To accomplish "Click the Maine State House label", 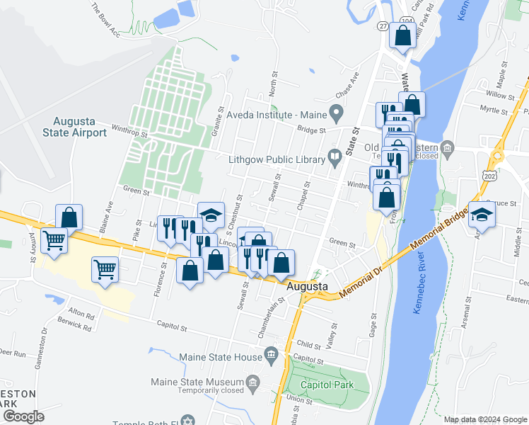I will tap(221, 357).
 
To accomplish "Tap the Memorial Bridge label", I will tap(438, 232).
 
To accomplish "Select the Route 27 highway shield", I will tap(383, 26).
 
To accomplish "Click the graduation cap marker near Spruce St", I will tap(482, 214).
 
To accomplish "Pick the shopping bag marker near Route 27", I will tap(402, 36).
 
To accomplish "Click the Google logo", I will tap(23, 416).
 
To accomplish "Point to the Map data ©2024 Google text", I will tap(484, 419).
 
